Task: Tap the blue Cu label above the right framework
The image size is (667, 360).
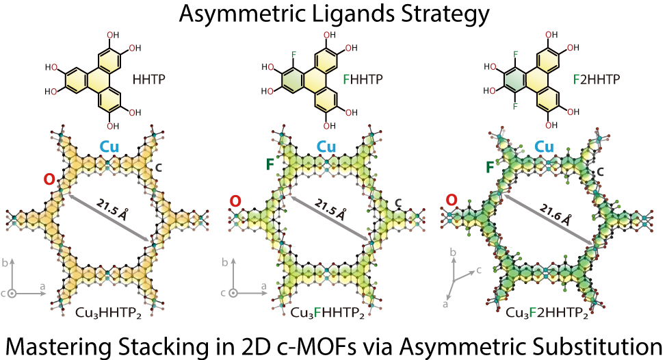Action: (x=545, y=146)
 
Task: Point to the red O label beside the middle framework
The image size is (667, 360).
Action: (x=235, y=201)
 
